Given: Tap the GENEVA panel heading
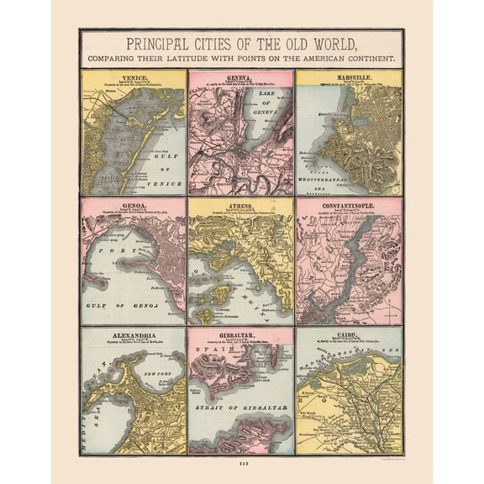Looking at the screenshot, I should (x=240, y=74).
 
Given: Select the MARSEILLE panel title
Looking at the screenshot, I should (x=349, y=74).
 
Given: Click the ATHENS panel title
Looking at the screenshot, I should (x=240, y=203).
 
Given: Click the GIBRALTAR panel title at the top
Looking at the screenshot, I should (x=240, y=334).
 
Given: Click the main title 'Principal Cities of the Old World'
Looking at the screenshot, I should (x=241, y=44).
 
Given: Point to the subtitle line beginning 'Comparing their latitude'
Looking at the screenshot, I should (x=241, y=59).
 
